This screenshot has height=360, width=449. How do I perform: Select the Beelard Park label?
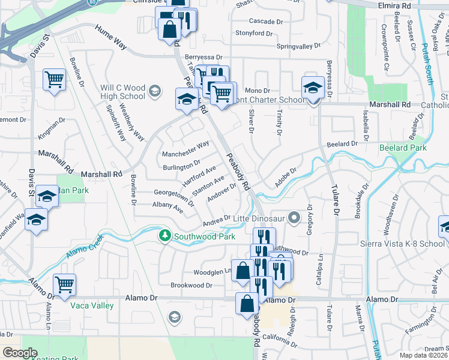402,148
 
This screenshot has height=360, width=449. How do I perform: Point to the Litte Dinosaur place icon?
294,217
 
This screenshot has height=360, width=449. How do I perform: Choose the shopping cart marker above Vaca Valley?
65,284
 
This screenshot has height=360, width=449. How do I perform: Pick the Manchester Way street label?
185,148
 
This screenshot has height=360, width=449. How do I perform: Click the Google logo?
20,353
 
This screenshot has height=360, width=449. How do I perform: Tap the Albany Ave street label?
167,208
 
